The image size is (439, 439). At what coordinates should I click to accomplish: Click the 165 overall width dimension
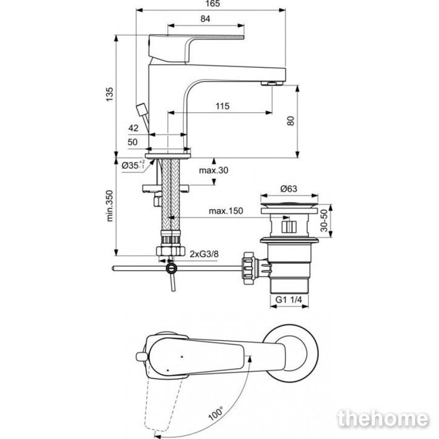(x=213, y=4)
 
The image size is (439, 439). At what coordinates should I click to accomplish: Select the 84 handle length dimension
(x=205, y=19)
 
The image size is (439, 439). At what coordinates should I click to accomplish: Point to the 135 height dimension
(x=109, y=95)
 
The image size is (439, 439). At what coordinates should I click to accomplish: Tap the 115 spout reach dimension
(x=223, y=106)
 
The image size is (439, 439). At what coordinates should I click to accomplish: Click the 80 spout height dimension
(x=291, y=121)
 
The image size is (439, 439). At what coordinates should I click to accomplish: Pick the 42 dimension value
(x=134, y=128)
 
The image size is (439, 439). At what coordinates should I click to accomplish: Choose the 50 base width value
(x=133, y=142)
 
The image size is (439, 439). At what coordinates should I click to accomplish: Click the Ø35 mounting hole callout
(x=134, y=165)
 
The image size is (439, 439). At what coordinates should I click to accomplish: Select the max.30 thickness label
(x=214, y=170)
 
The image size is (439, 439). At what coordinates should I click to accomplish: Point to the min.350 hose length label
(x=109, y=206)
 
